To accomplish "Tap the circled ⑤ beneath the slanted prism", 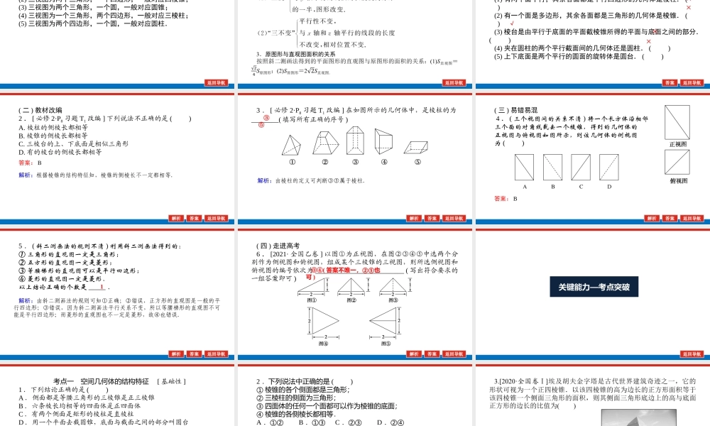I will (417, 161).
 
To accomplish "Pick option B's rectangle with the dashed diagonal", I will (552, 167).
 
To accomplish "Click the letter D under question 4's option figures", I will (608, 187).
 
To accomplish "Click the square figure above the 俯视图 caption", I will (678, 163).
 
